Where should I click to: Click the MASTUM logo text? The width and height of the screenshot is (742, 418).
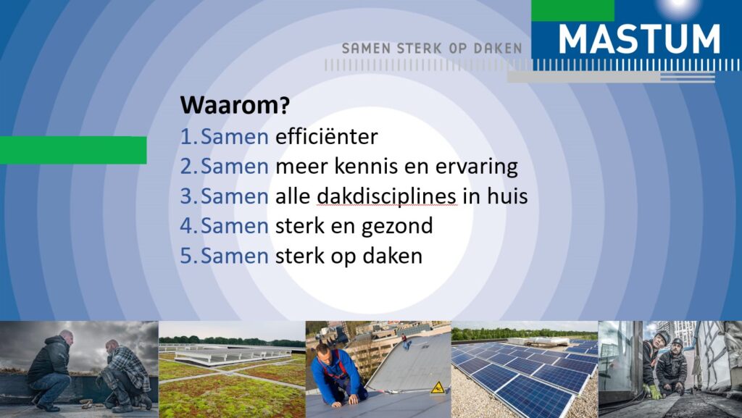click(x=639, y=39)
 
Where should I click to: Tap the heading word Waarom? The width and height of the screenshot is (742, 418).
click(x=235, y=104)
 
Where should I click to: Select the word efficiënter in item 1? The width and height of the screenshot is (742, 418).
click(x=327, y=137)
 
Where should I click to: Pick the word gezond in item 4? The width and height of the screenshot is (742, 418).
click(x=396, y=226)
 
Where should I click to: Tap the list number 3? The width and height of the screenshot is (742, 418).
click(x=185, y=196)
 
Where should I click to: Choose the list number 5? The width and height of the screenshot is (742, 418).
click(x=185, y=256)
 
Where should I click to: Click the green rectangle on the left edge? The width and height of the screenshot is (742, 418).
click(x=73, y=151)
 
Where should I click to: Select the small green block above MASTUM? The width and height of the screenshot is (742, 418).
click(x=572, y=10)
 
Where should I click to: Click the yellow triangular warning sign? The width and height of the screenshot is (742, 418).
click(x=438, y=388)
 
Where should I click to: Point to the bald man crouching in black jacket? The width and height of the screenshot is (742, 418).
click(x=50, y=370)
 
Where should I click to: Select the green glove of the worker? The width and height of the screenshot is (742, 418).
click(x=654, y=391)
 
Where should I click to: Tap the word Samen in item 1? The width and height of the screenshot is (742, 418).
click(x=235, y=137)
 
